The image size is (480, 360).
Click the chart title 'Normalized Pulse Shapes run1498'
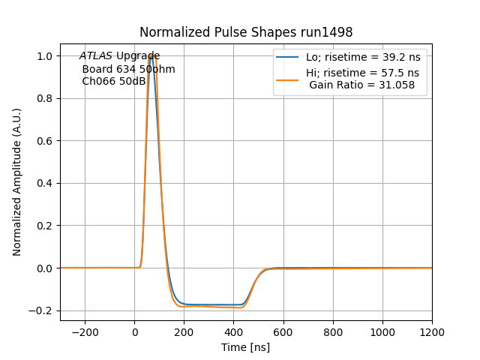pos(246,33)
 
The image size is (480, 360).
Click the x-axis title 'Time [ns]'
pos(245,347)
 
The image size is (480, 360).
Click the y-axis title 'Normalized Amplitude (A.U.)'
pos(17,182)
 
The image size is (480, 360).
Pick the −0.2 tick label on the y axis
pos(43,310)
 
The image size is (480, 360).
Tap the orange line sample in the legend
pos(288,73)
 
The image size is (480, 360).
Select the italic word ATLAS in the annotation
pos(96,56)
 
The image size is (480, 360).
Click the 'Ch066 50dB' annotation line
pos(114,81)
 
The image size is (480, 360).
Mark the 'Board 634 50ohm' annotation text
pos(128,69)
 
